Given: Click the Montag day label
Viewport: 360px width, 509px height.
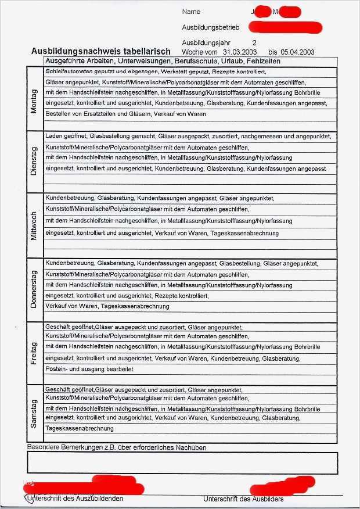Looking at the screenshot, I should coord(33,101).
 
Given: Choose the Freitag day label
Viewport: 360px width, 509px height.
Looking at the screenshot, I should coord(33,353).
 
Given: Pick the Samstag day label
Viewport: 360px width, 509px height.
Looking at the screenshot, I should coord(33,414).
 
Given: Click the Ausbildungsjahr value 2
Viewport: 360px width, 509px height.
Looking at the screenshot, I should coord(254,43).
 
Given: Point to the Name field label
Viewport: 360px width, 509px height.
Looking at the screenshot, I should coord(191,12).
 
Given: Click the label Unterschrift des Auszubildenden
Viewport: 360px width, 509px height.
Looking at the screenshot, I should coord(75,499).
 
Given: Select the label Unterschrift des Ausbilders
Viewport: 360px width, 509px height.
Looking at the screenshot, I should coord(243,499).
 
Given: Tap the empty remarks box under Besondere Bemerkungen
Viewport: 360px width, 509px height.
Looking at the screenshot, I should coord(182,463).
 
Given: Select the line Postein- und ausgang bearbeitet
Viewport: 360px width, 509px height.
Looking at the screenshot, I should coord(89,369).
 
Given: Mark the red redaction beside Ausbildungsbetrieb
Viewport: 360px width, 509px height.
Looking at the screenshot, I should coord(285,27).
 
